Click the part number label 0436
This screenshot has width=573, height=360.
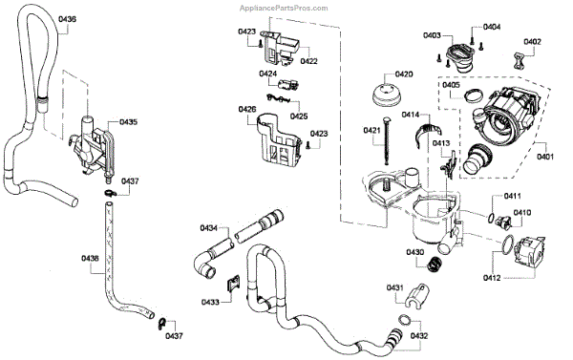click(x=67, y=19)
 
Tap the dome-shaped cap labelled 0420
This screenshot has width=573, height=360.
click(x=387, y=95)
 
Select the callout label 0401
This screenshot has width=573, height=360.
click(x=545, y=157)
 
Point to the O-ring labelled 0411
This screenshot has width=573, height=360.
click(x=491, y=218)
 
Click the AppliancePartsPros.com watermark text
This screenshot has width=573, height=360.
click(x=284, y=8)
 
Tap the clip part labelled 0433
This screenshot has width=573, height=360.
click(x=233, y=284)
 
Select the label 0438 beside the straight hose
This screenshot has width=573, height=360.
click(x=90, y=259)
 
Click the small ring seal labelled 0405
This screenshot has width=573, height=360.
click(x=474, y=96)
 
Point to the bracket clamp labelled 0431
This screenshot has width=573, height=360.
click(x=417, y=295)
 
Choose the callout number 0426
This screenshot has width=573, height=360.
click(x=247, y=109)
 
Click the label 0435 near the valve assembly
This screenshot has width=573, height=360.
click(x=128, y=121)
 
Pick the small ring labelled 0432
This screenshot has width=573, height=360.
click(x=404, y=321)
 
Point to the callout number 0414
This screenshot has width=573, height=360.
click(x=411, y=115)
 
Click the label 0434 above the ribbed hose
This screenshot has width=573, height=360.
click(x=208, y=228)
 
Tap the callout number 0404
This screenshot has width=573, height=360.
click(x=492, y=27)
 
